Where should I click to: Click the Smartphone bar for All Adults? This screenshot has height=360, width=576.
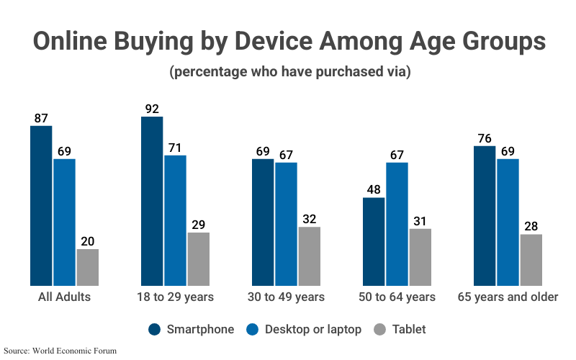[41, 206]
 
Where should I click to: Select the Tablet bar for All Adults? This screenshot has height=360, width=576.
[87, 267]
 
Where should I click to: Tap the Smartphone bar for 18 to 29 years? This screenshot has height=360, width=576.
[152, 201]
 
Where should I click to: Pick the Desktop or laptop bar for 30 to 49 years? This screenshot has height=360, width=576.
[286, 224]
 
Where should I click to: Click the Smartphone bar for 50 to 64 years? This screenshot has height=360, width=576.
[374, 241]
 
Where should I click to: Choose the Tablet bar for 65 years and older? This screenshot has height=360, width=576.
[531, 260]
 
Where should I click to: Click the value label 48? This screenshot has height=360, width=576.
[374, 190]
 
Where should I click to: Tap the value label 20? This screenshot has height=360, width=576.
[87, 242]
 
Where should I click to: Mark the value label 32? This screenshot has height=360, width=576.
[309, 220]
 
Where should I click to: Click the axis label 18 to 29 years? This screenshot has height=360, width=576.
[175, 297]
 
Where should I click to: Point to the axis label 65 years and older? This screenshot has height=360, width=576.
[508, 297]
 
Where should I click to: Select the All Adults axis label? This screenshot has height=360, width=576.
[64, 297]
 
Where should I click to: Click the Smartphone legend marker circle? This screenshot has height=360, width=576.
[155, 330]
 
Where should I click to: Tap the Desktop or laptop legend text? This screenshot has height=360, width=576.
[313, 330]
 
